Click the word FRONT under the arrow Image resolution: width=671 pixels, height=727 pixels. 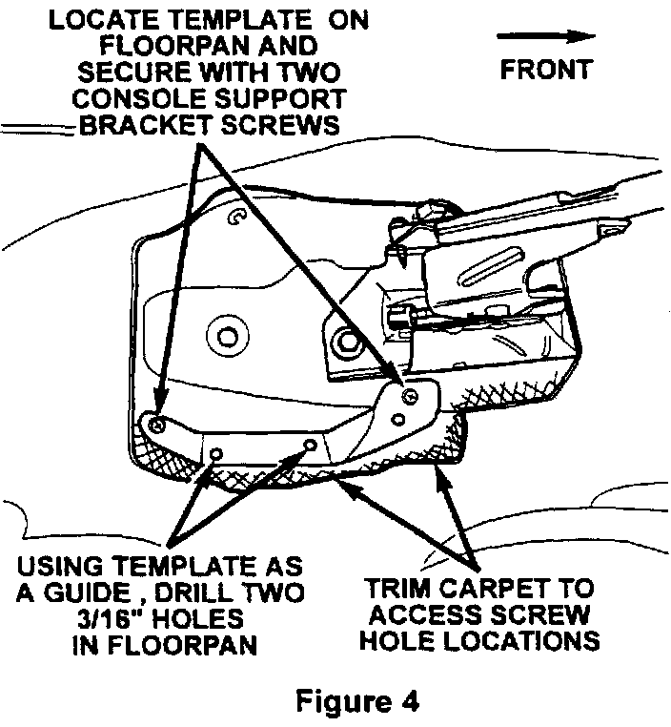[546, 69]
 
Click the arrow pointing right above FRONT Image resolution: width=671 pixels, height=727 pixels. [546, 35]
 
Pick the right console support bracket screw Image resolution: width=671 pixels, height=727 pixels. [410, 395]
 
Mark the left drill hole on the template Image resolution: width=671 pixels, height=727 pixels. [217, 452]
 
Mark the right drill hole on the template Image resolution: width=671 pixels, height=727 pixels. [308, 445]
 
